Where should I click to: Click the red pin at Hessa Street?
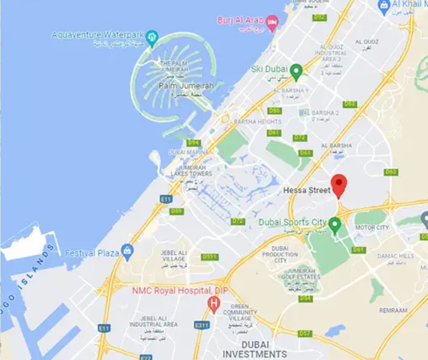(x=339, y=184)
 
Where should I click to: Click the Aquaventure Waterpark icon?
(x=152, y=36)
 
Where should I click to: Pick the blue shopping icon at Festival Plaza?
(x=127, y=252)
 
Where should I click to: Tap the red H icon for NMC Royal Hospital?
(x=213, y=302)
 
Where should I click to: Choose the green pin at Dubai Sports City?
(x=335, y=224)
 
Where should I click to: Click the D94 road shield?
(x=194, y=143)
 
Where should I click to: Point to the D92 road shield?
(x=319, y=17)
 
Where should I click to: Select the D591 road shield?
(x=209, y=257)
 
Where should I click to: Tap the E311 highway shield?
(x=201, y=325)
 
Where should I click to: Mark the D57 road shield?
(x=305, y=334)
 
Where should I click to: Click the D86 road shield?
(x=275, y=111)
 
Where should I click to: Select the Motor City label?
(x=372, y=227)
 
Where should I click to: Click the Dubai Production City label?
(x=280, y=254)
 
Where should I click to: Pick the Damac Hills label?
(x=396, y=256)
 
